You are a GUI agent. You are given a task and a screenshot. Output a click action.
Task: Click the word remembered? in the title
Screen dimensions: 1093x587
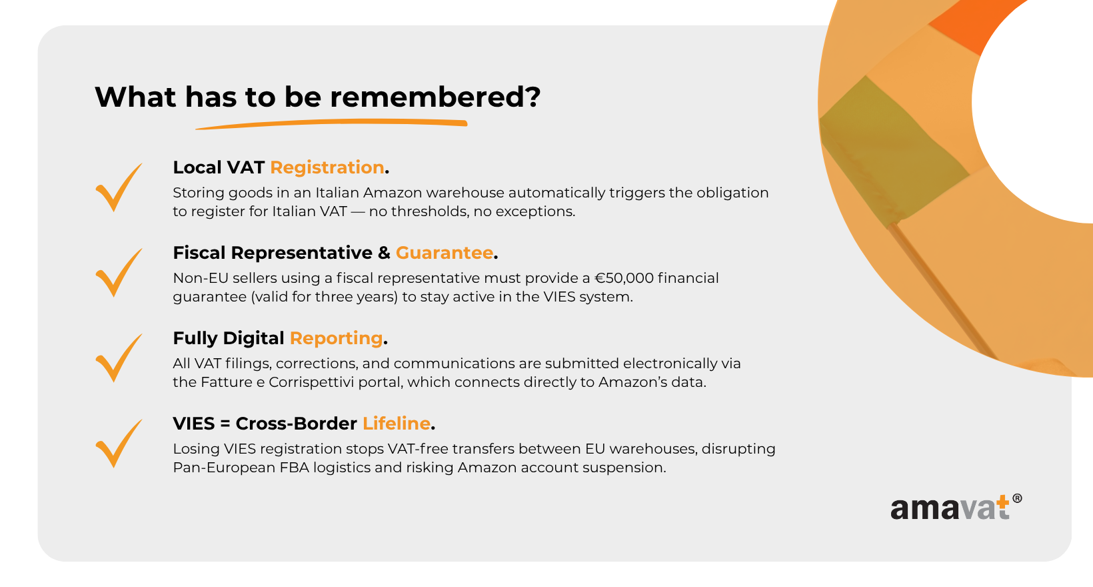coord(435,97)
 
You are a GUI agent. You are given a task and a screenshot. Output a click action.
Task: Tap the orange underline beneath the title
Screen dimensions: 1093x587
coord(331,124)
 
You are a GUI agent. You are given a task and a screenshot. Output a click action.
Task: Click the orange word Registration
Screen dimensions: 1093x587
coord(327,167)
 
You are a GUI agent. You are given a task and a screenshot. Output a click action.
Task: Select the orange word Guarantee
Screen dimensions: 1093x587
coord(444,253)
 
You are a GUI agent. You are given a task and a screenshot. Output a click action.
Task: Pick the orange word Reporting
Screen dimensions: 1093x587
coord(336,338)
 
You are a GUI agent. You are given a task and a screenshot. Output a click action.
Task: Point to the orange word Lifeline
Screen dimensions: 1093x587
coord(396,424)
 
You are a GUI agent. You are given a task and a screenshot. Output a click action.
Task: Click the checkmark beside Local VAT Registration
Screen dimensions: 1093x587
coord(119,187)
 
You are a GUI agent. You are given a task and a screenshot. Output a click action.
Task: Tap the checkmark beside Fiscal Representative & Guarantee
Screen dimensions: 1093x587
coord(119,273)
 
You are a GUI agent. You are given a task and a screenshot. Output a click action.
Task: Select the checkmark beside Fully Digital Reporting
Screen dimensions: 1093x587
coord(119,358)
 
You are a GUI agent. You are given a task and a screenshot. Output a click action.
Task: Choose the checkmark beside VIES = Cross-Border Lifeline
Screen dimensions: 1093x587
coord(119,444)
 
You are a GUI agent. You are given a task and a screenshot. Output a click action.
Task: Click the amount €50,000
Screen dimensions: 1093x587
coord(624,278)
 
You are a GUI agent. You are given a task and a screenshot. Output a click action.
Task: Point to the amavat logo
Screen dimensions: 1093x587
coord(956,508)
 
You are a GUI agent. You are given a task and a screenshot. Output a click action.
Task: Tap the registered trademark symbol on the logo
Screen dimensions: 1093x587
coord(1018,498)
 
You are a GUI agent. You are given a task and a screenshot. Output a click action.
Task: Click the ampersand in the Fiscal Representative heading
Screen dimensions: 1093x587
coord(384,253)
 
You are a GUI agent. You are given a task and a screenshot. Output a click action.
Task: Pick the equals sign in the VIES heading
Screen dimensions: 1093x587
coord(225,424)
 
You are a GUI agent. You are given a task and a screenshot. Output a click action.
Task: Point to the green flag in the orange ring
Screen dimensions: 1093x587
coord(893,151)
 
